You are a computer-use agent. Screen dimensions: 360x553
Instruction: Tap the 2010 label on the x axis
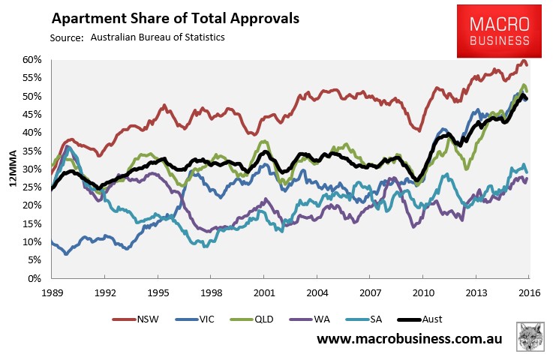point(422,292)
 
